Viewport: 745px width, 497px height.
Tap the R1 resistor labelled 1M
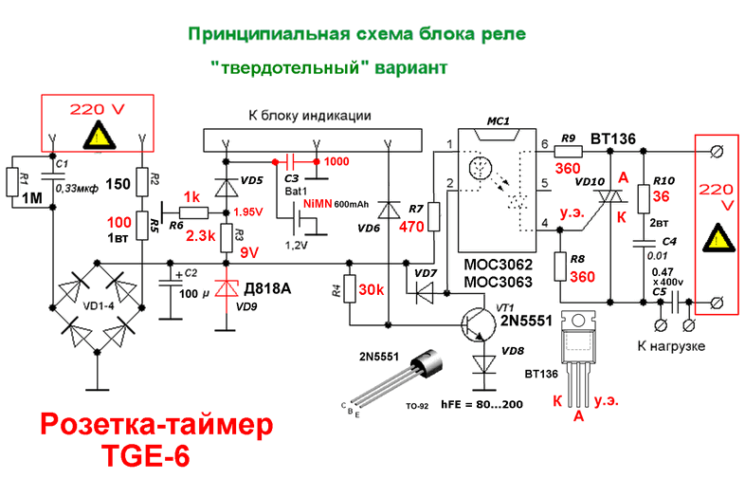12,181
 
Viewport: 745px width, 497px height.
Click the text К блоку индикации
309,115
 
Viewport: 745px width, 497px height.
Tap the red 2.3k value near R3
201,233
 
